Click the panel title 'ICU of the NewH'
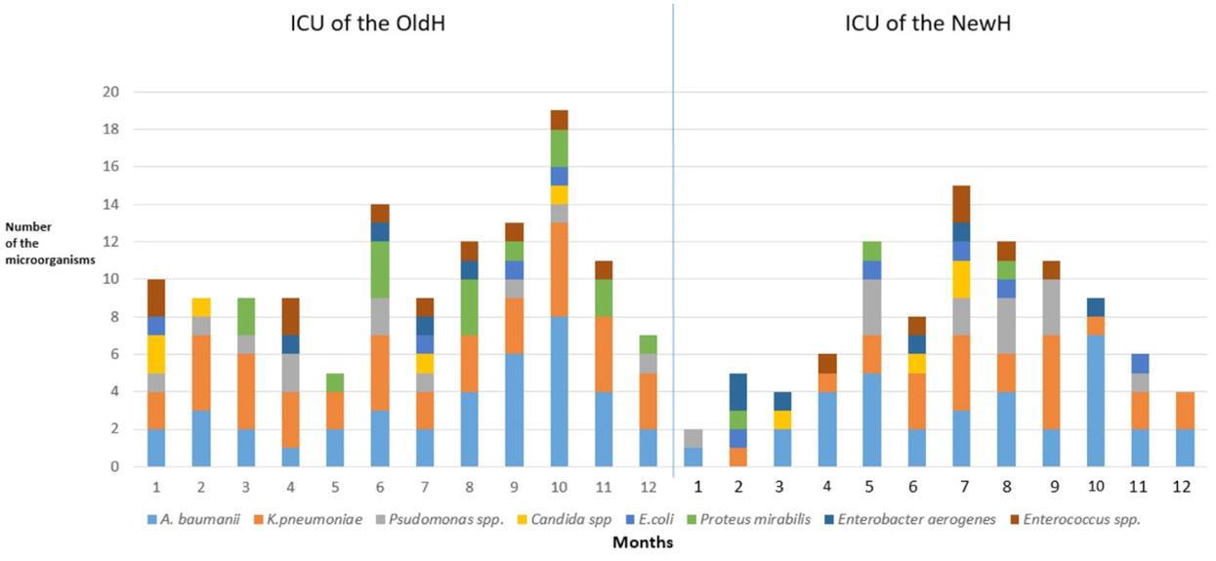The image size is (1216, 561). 927,22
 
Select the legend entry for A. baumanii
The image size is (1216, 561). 196,520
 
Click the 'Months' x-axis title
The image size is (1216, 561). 642,542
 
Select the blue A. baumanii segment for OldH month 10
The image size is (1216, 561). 559,391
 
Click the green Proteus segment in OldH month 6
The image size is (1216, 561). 378,270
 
